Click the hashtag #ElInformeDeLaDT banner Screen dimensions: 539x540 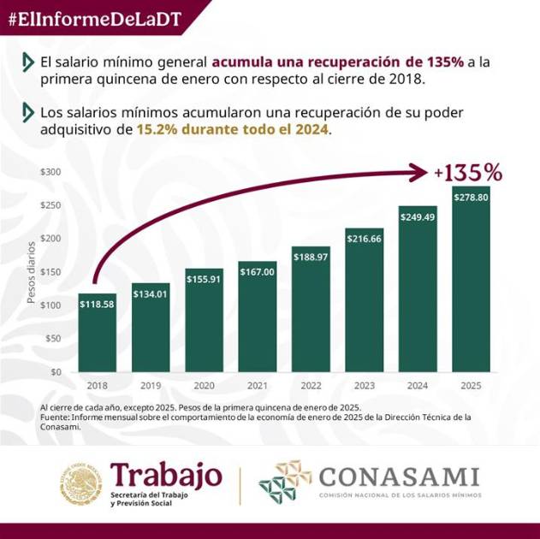(x=95, y=20)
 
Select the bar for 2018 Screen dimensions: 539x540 (x=98, y=333)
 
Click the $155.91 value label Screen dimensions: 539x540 (x=204, y=279)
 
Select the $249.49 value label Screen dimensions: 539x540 (x=418, y=216)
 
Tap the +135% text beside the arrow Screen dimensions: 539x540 (x=467, y=172)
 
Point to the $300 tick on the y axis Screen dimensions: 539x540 (x=52, y=172)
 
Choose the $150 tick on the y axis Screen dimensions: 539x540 (x=52, y=272)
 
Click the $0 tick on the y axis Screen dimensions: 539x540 (x=56, y=372)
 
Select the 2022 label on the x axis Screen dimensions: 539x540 (x=311, y=387)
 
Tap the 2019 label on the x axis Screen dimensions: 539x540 (x=151, y=387)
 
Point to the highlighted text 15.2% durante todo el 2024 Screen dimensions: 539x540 (x=232, y=130)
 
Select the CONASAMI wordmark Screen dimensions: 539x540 (x=399, y=476)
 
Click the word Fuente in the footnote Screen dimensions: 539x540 (x=56, y=418)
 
